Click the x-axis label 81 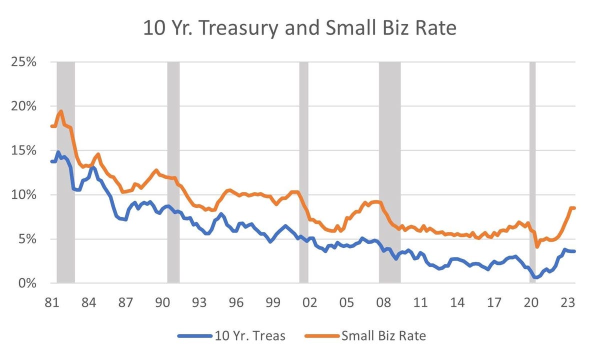pos(51,303)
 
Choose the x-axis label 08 pos(383,303)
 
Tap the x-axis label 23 pos(568,303)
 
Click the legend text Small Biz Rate pos(383,335)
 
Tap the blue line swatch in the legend pos(194,335)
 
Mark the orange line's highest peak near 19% pos(60,111)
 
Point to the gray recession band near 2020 pos(532,170)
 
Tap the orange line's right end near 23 pos(574,208)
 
